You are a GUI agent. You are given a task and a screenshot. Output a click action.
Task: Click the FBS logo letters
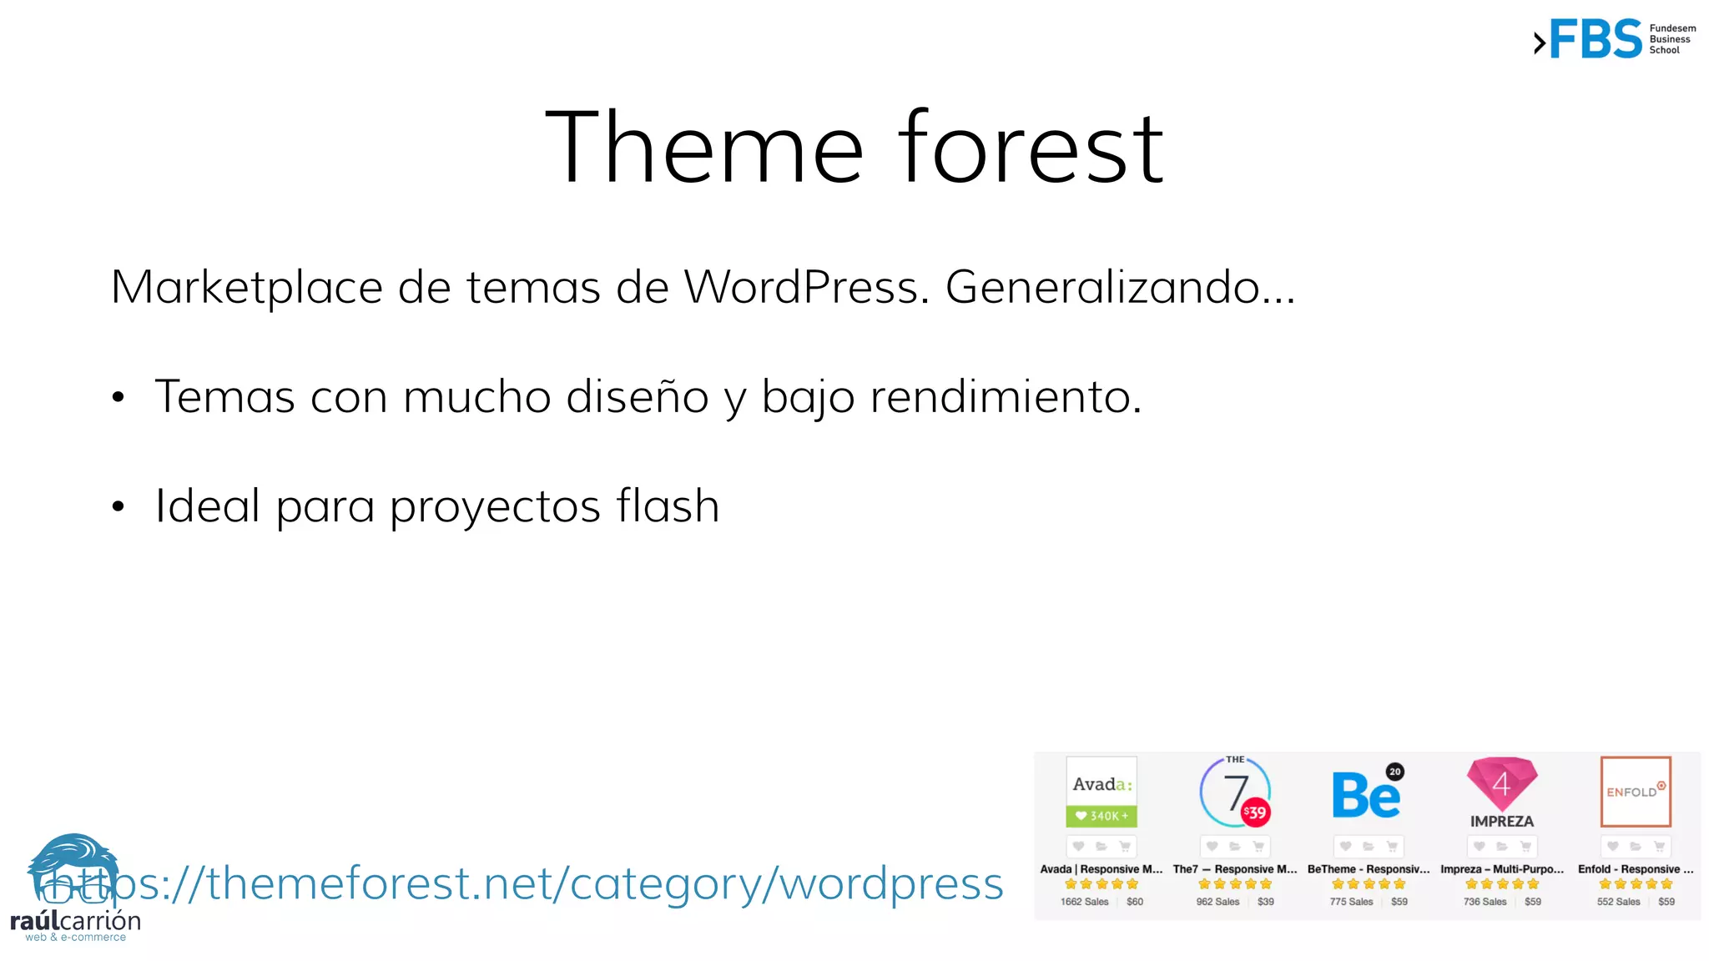[1596, 39]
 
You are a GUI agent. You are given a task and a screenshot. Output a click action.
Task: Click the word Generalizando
[1102, 288]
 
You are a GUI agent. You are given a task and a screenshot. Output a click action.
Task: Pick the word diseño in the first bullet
[638, 396]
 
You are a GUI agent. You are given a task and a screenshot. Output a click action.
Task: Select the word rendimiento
[1005, 396]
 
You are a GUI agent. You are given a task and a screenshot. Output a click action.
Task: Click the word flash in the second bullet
[668, 506]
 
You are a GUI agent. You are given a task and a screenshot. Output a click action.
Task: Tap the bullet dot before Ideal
[118, 506]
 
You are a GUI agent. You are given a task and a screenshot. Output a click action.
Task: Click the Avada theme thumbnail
[1102, 791]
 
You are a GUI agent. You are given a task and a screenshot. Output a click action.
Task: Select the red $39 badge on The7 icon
[1255, 812]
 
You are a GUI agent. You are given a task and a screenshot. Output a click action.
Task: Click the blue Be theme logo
[1366, 795]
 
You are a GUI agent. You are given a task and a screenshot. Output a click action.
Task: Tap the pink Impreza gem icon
[1501, 782]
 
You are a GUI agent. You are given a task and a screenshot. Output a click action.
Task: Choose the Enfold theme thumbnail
[1636, 791]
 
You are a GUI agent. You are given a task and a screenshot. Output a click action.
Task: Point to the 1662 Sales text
[1084, 902]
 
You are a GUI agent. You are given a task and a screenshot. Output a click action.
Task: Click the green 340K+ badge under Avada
[1102, 816]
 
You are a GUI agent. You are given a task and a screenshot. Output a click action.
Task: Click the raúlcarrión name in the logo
[75, 922]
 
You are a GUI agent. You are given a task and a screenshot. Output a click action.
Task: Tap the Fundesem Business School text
[1671, 39]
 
